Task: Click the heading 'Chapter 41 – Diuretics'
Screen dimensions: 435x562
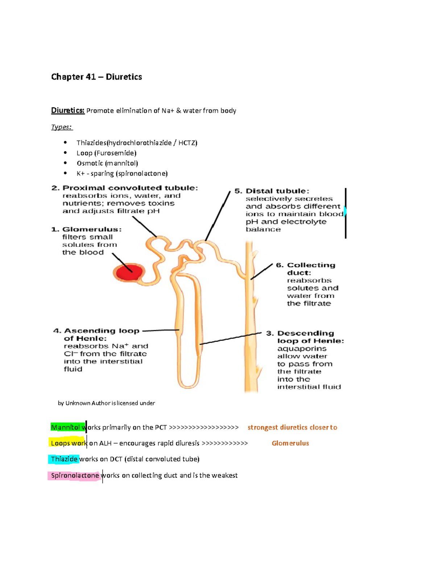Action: coord(96,77)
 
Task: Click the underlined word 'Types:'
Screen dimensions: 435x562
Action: coord(62,127)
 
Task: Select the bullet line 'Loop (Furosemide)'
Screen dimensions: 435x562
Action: coord(106,153)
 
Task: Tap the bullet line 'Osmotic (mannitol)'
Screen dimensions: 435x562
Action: coord(107,163)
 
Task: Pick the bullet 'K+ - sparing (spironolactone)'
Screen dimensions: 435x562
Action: coord(122,173)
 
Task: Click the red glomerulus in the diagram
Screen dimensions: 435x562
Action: coord(128,272)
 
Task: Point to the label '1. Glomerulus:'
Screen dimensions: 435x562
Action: coord(87,229)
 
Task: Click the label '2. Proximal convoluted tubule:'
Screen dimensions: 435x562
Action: coord(125,188)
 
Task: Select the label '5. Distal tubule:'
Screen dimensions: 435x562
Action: coord(272,191)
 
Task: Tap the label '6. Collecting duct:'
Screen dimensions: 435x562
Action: coord(306,269)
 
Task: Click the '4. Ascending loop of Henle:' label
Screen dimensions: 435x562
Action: coord(96,334)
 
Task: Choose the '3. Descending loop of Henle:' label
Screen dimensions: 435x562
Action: coord(306,337)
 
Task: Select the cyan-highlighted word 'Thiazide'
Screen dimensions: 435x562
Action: coord(64,459)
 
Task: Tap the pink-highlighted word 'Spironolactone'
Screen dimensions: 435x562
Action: coord(75,476)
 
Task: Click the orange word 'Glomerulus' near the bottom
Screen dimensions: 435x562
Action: coord(290,443)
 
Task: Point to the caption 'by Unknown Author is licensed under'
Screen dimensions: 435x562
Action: coord(106,403)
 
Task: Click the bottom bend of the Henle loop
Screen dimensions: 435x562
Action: coord(189,385)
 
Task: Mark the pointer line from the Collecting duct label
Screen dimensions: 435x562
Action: coord(262,271)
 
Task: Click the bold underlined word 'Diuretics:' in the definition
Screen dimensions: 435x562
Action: coord(68,110)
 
